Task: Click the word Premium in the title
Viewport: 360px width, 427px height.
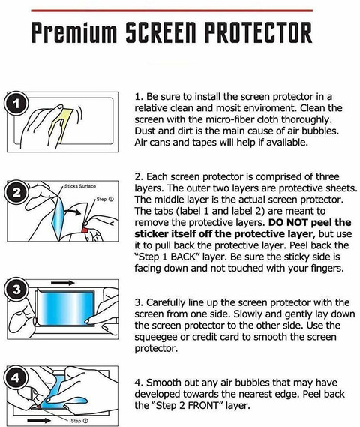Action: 74,32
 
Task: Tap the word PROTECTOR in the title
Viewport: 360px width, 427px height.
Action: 258,32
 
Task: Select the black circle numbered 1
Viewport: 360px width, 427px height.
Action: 16,104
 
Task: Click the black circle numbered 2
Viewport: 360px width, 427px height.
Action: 16,192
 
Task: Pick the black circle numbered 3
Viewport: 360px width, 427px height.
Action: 16,289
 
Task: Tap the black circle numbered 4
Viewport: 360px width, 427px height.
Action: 16,377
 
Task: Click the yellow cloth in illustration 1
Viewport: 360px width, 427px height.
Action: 62,124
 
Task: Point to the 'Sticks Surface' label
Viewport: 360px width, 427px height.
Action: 80,186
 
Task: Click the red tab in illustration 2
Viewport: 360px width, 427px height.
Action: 85,230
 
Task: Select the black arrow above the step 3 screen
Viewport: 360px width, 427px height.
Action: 62,283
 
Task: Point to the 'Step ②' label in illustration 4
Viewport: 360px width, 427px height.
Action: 79,421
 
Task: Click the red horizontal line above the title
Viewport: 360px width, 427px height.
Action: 172,11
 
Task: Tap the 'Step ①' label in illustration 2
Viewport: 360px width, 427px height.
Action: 105,200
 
